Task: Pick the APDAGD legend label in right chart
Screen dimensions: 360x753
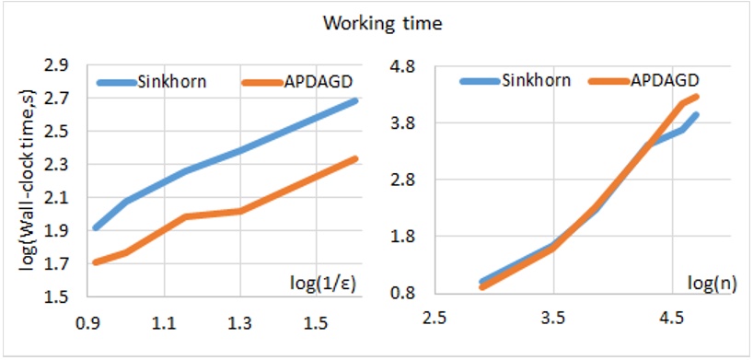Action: click(x=666, y=79)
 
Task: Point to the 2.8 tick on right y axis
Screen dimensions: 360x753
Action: click(x=406, y=180)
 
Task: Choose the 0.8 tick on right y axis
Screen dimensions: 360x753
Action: click(x=406, y=294)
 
